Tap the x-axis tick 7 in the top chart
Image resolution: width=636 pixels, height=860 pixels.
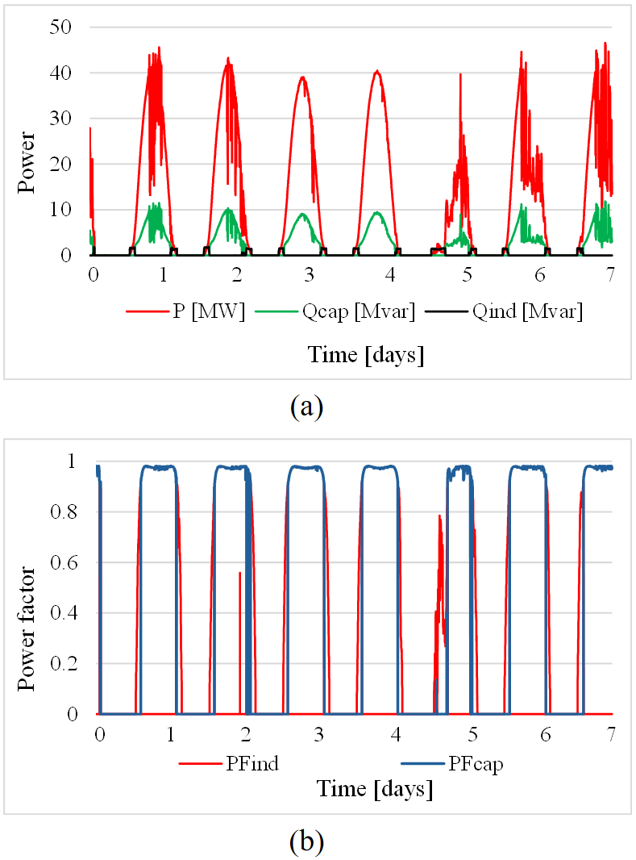point(610,274)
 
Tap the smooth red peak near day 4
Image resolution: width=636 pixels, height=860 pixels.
point(376,72)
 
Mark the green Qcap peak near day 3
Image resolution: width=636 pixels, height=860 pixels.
point(302,214)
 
